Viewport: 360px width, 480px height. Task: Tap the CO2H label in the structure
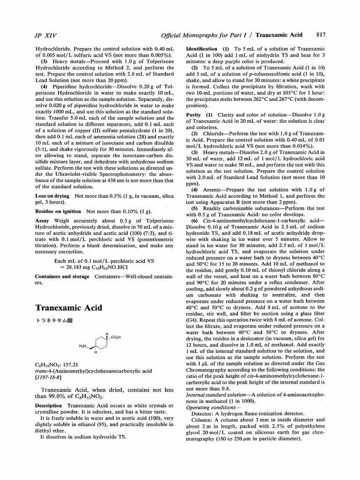(x=115, y=337)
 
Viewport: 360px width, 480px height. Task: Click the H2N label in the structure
(x=82, y=346)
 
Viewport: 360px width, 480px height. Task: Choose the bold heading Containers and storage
(x=62, y=277)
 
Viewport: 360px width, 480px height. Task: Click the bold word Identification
(x=202, y=49)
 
